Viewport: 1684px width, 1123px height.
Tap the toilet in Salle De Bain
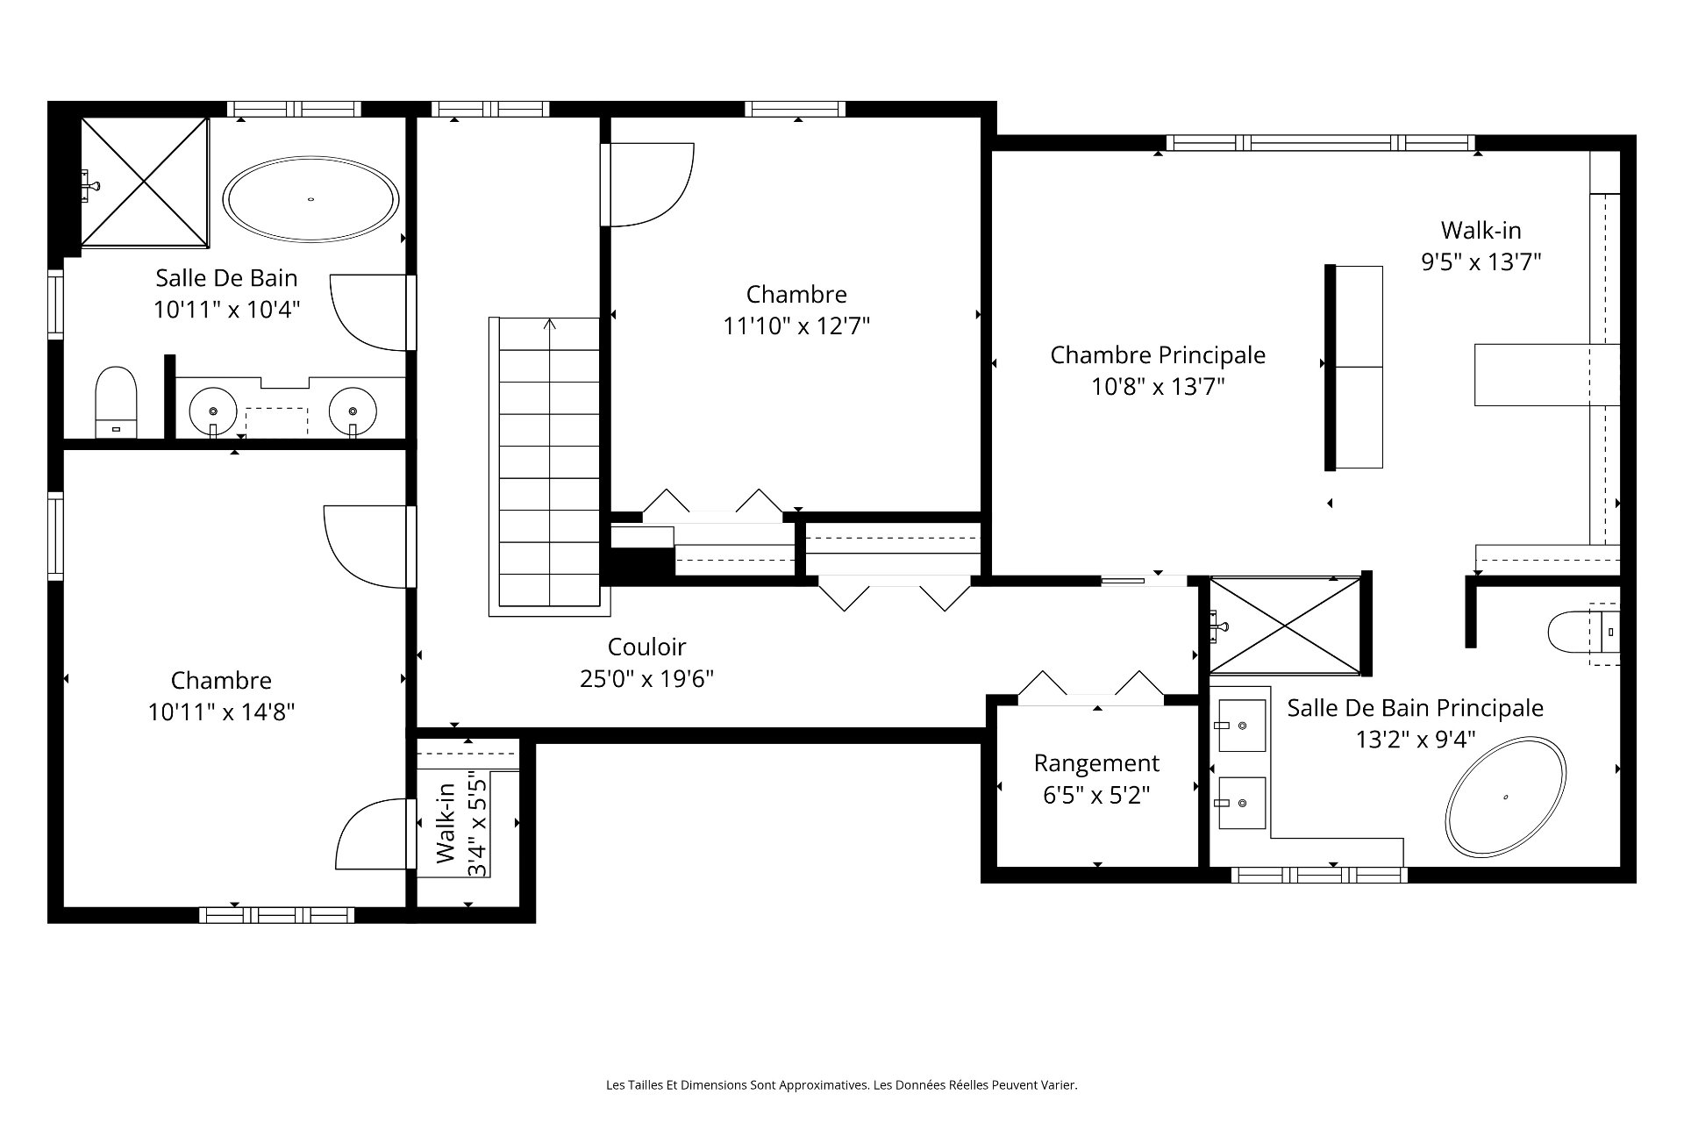coord(117,402)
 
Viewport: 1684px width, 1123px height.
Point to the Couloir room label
coord(646,647)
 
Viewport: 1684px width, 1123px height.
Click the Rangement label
coord(1096,763)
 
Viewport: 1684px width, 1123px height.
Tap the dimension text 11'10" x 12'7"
coord(796,326)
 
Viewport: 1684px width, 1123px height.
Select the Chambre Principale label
coord(1158,355)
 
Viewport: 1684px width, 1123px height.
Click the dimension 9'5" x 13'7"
coord(1481,261)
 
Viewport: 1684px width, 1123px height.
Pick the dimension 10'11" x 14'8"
coord(221,712)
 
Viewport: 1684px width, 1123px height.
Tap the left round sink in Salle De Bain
coord(213,410)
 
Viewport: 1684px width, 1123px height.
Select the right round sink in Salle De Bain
coord(353,410)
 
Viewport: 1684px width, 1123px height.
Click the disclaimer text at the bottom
coord(842,1085)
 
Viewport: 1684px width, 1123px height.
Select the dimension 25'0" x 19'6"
coord(646,679)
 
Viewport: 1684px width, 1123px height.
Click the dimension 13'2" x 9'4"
coord(1416,740)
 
